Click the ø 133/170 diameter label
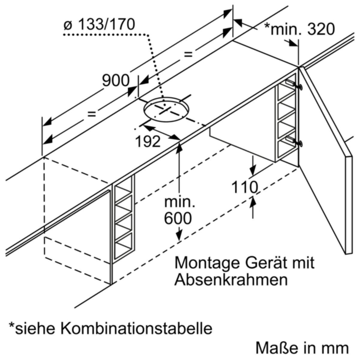tap(99, 25)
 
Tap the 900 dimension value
tap(116, 80)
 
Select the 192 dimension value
tap(148, 142)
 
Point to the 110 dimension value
tap(244, 188)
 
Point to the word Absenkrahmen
tap(231, 280)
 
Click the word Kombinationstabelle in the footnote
tap(136, 329)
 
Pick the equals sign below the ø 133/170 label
tap(187, 55)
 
